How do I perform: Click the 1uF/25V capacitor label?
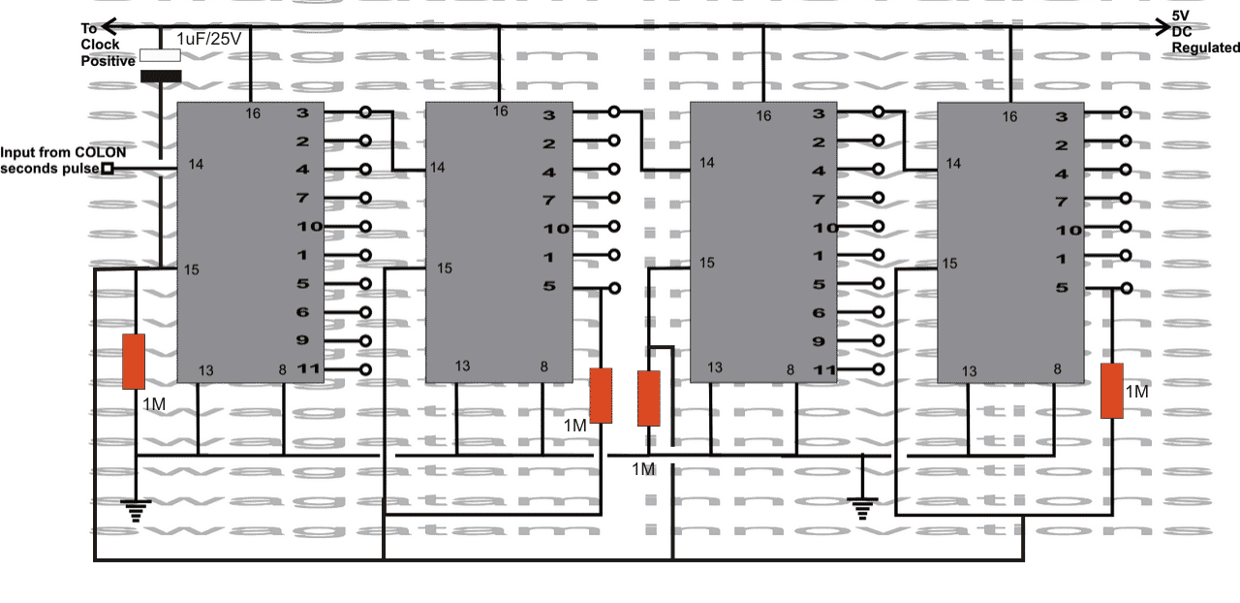(x=208, y=40)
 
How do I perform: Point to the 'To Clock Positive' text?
(x=101, y=45)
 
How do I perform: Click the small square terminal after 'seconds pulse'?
(x=108, y=169)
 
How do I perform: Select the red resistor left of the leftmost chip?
(x=134, y=362)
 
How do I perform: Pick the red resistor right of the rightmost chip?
(x=1111, y=391)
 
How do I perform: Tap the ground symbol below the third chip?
(x=861, y=507)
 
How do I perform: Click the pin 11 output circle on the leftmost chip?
(x=365, y=369)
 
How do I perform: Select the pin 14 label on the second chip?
(x=437, y=168)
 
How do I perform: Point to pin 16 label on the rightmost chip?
(x=1010, y=116)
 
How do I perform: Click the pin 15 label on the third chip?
(x=707, y=263)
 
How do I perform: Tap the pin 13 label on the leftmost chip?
(x=205, y=370)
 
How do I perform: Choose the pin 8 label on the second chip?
(x=543, y=366)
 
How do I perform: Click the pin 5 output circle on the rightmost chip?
(x=1125, y=287)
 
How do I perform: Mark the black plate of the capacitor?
(x=161, y=76)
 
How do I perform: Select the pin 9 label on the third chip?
(x=818, y=341)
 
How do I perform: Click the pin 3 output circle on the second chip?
(x=615, y=112)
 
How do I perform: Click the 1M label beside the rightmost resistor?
(x=1136, y=392)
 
